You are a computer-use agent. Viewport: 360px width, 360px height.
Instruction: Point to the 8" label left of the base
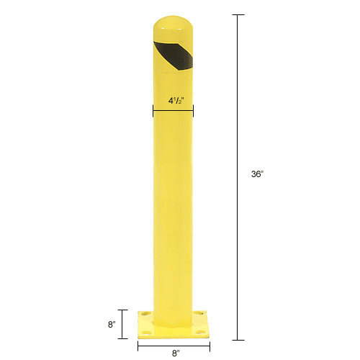(112, 325)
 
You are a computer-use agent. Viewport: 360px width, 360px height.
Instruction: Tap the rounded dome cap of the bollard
(172, 26)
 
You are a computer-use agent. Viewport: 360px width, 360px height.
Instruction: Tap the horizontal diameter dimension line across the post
(172, 110)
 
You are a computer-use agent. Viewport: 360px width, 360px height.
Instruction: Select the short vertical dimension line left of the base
(122, 324)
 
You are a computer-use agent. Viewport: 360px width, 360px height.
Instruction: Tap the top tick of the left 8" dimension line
(122, 310)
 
